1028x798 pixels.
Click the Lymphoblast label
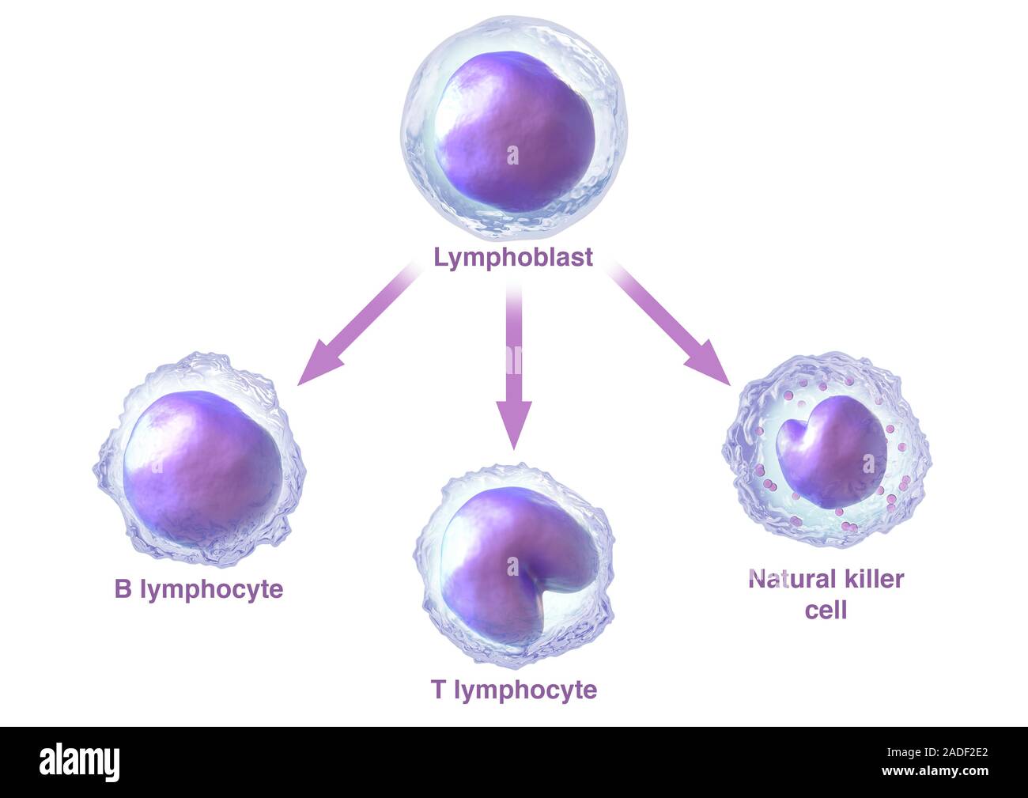(x=513, y=258)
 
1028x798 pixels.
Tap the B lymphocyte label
(x=198, y=589)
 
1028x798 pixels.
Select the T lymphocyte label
(x=514, y=690)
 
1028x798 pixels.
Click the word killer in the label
(x=873, y=579)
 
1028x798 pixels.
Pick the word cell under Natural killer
(x=826, y=610)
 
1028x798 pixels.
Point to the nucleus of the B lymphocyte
(x=202, y=467)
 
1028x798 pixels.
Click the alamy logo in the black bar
(x=80, y=761)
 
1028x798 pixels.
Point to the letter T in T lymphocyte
(x=438, y=690)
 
